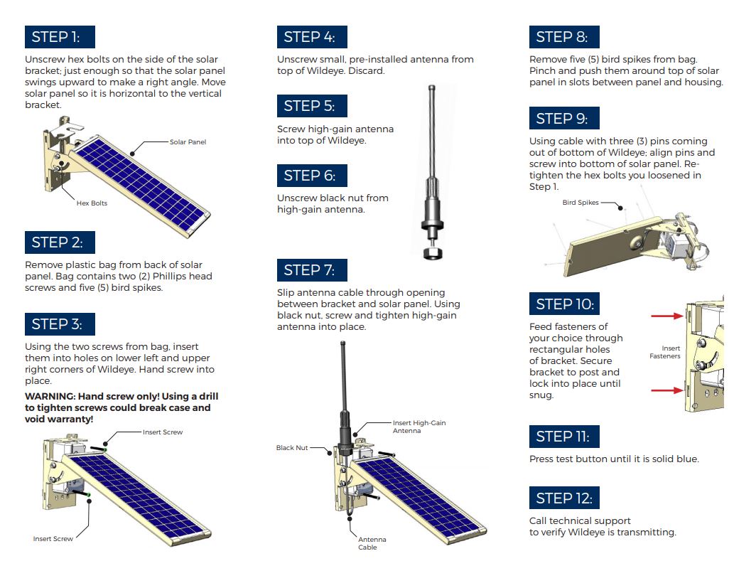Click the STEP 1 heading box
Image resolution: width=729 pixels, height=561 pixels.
(x=60, y=37)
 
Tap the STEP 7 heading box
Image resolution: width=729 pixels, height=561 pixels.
(x=312, y=269)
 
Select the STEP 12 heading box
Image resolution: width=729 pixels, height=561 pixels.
(x=564, y=498)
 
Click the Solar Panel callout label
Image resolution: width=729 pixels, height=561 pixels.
(x=188, y=142)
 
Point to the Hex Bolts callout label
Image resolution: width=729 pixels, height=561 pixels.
(x=92, y=203)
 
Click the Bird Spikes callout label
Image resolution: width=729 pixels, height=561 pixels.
(x=580, y=203)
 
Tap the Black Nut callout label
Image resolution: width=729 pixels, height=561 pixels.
(x=292, y=447)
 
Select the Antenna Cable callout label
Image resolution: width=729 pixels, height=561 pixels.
(x=372, y=543)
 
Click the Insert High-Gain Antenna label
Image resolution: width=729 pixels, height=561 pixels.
(x=419, y=427)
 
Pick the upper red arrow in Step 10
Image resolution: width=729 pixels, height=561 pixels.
(x=667, y=316)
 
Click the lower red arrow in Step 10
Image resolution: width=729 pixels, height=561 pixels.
(x=667, y=390)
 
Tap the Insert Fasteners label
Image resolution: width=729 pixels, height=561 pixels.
(x=665, y=352)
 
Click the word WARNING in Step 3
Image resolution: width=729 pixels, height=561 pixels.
(x=50, y=396)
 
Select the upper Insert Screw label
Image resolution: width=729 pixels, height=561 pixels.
(x=163, y=432)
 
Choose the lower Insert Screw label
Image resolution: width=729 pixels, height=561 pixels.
(x=53, y=539)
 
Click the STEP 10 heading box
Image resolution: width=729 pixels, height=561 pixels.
(x=564, y=304)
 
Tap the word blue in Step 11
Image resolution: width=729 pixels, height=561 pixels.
(x=686, y=459)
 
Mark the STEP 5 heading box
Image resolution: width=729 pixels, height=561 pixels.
(x=312, y=106)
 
